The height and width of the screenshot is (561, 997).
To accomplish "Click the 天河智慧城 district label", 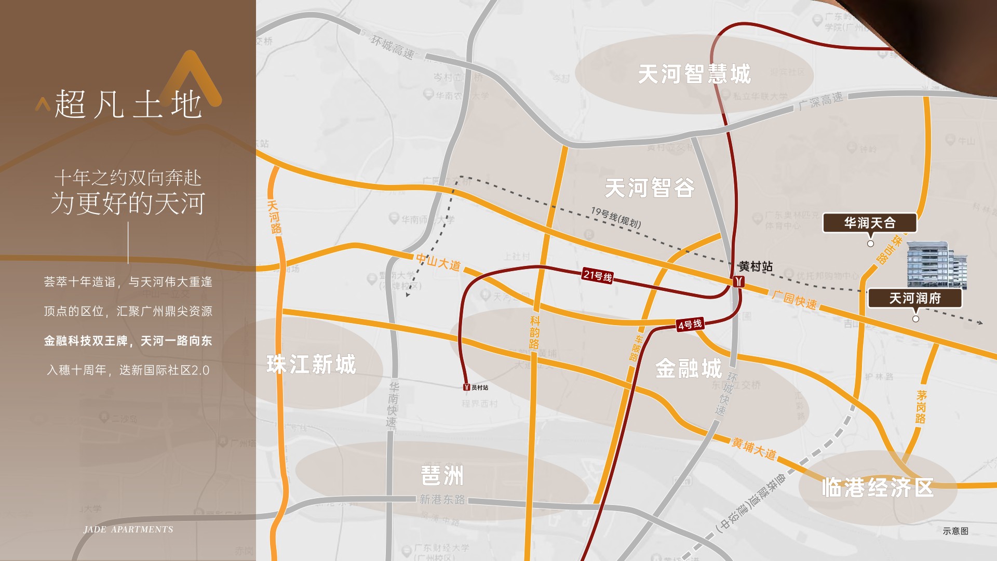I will click(x=694, y=74).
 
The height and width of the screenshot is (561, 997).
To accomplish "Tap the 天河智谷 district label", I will click(x=650, y=188).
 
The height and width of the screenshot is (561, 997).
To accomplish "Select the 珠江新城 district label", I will click(x=312, y=364).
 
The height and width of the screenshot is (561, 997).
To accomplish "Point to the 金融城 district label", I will click(x=689, y=369).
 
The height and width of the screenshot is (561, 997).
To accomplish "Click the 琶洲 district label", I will click(x=442, y=475).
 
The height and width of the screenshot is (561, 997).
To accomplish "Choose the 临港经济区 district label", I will click(x=878, y=488).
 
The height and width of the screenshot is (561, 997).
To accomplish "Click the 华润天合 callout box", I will click(x=870, y=223).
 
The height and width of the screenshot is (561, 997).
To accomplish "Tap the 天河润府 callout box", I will click(x=915, y=298).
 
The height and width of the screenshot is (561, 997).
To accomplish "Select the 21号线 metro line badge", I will click(x=598, y=275).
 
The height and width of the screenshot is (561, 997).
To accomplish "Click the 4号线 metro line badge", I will click(x=690, y=325).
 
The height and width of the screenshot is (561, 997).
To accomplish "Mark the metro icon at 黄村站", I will click(x=739, y=282).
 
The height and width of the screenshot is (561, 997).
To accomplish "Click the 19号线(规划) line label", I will click(x=616, y=217).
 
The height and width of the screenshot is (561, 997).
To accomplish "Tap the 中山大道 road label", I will click(x=439, y=262).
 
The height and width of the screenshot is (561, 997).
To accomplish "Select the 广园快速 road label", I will click(x=794, y=299).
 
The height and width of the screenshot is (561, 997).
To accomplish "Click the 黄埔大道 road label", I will click(x=754, y=448).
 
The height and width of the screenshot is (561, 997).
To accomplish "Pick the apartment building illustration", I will click(x=936, y=264).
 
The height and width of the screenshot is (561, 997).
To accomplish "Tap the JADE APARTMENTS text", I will click(x=128, y=529).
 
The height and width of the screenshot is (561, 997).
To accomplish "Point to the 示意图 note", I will click(x=955, y=531).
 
